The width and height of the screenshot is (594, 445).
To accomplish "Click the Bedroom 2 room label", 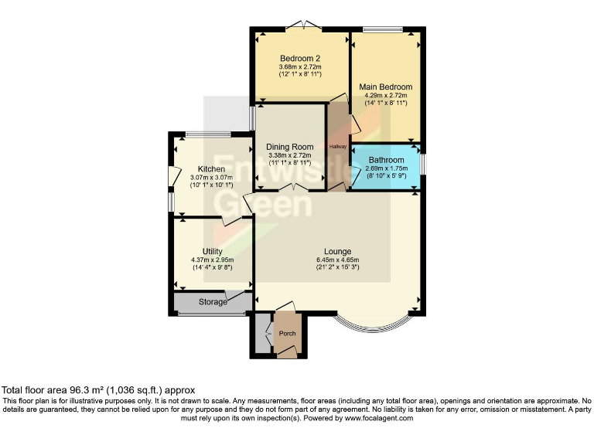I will click(x=300, y=58).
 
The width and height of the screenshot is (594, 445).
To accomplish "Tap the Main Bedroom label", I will click(x=385, y=87).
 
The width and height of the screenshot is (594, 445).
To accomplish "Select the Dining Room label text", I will click(x=289, y=147).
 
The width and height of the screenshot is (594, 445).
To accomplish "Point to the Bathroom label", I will click(x=386, y=160).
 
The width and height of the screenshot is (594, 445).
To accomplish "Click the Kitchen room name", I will click(x=211, y=169).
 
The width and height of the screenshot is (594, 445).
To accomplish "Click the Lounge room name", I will click(x=338, y=251).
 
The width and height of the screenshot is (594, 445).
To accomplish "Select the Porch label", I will click(x=287, y=333).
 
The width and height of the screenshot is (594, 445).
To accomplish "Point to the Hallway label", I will click(x=338, y=146).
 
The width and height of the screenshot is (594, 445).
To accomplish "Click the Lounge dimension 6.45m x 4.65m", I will click(x=338, y=260).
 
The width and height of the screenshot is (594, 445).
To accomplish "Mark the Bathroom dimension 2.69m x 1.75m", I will click(x=386, y=169).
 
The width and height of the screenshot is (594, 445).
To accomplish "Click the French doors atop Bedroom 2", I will click(x=301, y=28).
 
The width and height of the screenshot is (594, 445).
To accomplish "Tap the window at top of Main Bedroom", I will click(x=384, y=30).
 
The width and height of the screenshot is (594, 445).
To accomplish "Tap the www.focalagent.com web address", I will click(x=373, y=418).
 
